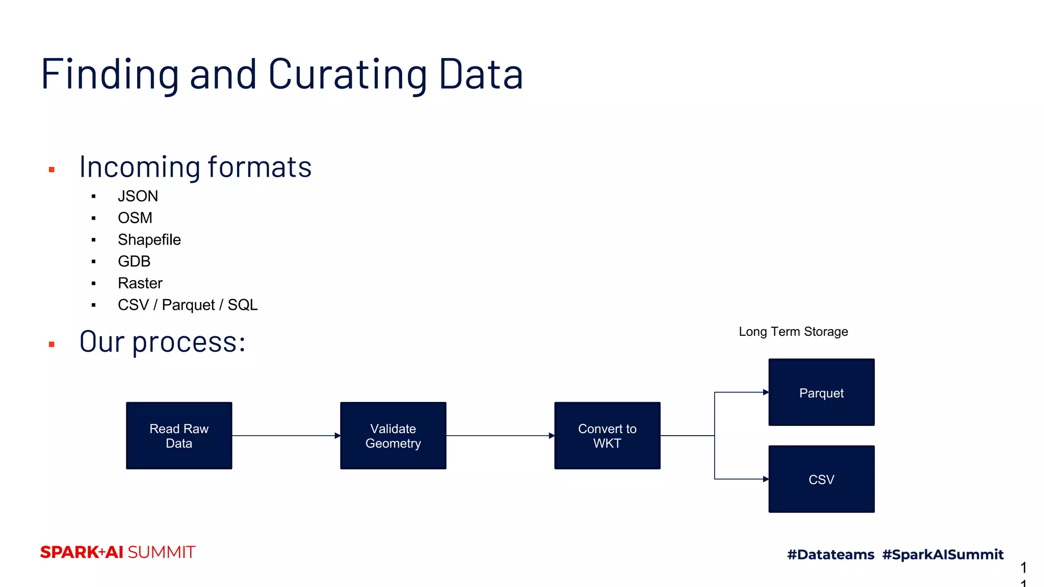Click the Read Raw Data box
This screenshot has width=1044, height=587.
[179, 436]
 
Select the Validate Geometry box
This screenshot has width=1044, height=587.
[393, 436]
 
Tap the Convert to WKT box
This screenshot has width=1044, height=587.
[607, 436]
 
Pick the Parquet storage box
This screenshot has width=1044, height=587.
[821, 392]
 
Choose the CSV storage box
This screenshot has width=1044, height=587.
[821, 479]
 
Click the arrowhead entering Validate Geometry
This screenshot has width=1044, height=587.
[337, 436]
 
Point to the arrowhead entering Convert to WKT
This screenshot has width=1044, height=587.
[552, 436]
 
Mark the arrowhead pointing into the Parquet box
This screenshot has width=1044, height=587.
[766, 392]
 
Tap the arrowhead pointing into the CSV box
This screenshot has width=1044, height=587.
[766, 479]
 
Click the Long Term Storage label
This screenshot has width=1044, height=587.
[793, 332]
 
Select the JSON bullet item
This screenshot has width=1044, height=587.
[138, 196]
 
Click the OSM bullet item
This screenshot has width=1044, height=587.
[135, 218]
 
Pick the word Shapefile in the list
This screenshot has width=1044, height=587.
[149, 239]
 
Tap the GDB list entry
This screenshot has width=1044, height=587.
[134, 261]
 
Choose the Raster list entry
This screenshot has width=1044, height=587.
[140, 283]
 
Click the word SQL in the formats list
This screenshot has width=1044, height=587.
[243, 305]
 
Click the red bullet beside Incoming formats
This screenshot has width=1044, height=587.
[51, 170]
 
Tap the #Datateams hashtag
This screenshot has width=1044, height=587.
[830, 554]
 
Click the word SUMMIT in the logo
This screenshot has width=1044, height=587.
[162, 552]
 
